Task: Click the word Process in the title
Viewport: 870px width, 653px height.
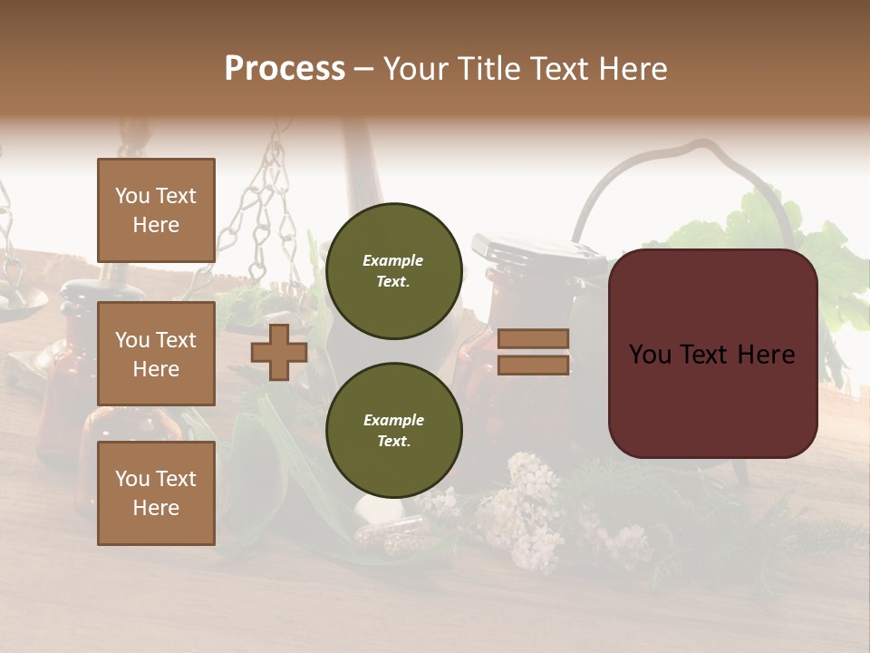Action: pyautogui.click(x=285, y=69)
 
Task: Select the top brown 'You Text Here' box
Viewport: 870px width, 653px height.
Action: pyautogui.click(x=156, y=210)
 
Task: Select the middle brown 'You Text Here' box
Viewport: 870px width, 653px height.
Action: pyautogui.click(x=156, y=354)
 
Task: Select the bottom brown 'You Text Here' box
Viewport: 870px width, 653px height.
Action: pyautogui.click(x=156, y=493)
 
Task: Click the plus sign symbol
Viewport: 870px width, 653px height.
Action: pyautogui.click(x=279, y=352)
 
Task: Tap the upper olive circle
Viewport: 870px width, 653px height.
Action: pyautogui.click(x=393, y=271)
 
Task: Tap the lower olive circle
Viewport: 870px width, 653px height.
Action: pyautogui.click(x=393, y=431)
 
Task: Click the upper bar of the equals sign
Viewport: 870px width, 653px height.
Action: pyautogui.click(x=534, y=338)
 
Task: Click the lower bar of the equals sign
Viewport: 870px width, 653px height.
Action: pyautogui.click(x=534, y=365)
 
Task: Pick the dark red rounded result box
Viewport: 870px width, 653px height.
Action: pyautogui.click(x=712, y=354)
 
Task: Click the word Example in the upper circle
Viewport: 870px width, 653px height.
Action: pyautogui.click(x=393, y=260)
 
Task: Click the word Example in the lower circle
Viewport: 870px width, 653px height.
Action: pyautogui.click(x=393, y=420)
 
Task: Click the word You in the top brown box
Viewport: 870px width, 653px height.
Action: pyautogui.click(x=131, y=196)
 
